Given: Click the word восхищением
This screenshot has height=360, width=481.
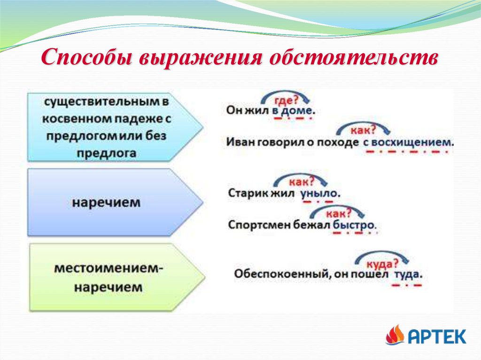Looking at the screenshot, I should coord(413,142).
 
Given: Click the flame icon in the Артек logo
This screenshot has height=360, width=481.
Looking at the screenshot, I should coord(395,335).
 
